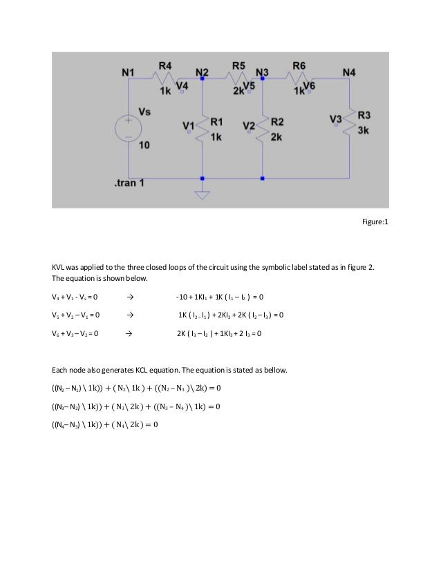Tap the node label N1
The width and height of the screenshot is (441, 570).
129,71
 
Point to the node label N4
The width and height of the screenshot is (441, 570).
349,71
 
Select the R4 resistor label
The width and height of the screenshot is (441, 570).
166,66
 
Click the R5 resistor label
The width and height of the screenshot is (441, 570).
238,66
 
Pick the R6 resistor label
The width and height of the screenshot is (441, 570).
299,66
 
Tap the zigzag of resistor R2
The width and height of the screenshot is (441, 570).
263,127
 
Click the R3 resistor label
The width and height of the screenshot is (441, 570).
364,115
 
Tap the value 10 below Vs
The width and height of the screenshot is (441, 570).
144,146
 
